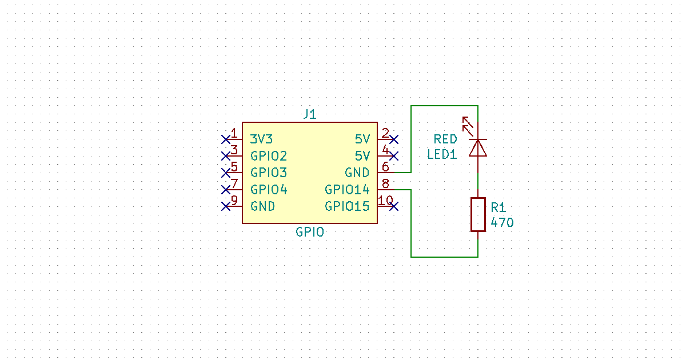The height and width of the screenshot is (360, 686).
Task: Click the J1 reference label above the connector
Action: (x=309, y=114)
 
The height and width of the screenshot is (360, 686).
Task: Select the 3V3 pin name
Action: (x=261, y=139)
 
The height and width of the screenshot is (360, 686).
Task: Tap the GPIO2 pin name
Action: (x=269, y=155)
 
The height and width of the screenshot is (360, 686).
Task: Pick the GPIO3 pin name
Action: (x=269, y=173)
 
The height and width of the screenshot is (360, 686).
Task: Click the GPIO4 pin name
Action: (x=269, y=189)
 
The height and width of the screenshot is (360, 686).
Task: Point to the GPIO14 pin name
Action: (x=347, y=189)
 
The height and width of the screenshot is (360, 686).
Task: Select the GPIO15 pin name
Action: (x=347, y=206)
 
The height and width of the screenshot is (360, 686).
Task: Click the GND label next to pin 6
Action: (x=357, y=173)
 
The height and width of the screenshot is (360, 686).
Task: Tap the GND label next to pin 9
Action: (x=262, y=206)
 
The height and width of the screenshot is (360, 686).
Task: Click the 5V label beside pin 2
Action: (x=362, y=139)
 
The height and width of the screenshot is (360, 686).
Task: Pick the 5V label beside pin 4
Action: (x=362, y=155)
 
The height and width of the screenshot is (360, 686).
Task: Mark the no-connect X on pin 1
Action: (x=226, y=139)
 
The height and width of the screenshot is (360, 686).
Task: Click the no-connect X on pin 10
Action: (x=393, y=206)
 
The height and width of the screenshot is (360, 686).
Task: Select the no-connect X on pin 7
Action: (x=226, y=189)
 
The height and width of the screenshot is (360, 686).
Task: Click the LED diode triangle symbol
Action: (x=478, y=148)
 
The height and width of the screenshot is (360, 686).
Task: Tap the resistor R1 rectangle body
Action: (x=478, y=215)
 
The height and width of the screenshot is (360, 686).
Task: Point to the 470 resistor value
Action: (x=502, y=223)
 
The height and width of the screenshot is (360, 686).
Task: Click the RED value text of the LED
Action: (x=445, y=139)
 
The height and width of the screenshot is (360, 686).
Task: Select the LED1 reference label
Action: (x=442, y=154)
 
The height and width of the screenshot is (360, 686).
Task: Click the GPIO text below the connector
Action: (x=310, y=232)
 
